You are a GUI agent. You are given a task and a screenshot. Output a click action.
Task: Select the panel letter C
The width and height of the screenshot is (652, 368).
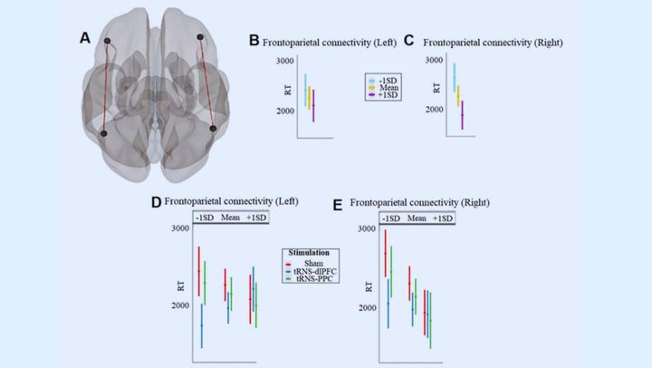(x=408, y=40)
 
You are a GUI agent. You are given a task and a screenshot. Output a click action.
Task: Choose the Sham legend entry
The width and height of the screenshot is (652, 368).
(x=311, y=263)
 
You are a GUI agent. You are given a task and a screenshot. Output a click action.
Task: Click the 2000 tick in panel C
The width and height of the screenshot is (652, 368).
(x=433, y=109)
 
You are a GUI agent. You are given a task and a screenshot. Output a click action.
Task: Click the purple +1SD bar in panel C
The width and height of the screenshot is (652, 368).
(x=462, y=114)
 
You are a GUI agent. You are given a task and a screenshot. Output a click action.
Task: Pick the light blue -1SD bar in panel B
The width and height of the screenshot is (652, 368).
(x=305, y=87)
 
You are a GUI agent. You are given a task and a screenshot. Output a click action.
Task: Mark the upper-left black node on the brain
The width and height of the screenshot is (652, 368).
(x=108, y=42)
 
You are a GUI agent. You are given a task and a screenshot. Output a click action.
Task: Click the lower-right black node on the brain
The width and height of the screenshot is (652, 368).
(x=214, y=130)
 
